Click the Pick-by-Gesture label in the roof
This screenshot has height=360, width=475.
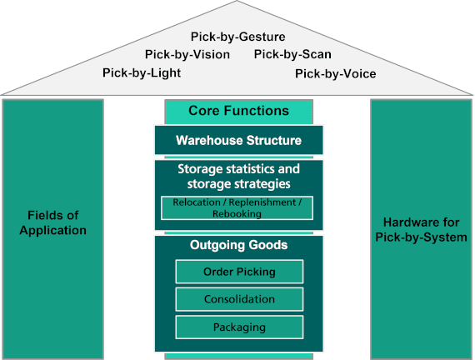[237, 37]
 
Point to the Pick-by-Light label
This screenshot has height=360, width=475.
[142, 72]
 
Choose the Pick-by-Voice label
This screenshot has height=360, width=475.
[335, 73]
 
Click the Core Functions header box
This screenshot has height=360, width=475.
[238, 111]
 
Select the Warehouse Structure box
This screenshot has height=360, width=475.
[238, 140]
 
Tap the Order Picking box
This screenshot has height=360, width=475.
[239, 272]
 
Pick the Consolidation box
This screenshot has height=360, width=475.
[239, 299]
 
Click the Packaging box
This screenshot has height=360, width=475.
[239, 327]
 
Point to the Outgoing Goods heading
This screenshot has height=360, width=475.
[238, 245]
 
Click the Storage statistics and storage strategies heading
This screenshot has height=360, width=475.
[238, 176]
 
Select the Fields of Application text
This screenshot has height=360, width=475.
[52, 222]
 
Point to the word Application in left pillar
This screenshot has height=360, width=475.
[52, 230]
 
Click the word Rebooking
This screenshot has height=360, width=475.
[237, 214]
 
